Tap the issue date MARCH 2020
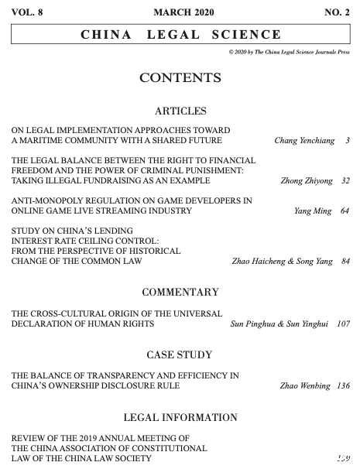point(180,12)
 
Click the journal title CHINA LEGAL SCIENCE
point(180,35)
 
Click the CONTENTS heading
point(180,77)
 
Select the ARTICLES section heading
point(180,111)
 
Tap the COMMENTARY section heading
point(180,293)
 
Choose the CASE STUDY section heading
point(180,354)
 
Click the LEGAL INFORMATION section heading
point(180,417)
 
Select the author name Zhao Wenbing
point(304,385)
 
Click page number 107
point(344,324)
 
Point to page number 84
point(345,262)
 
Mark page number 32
point(345,181)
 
